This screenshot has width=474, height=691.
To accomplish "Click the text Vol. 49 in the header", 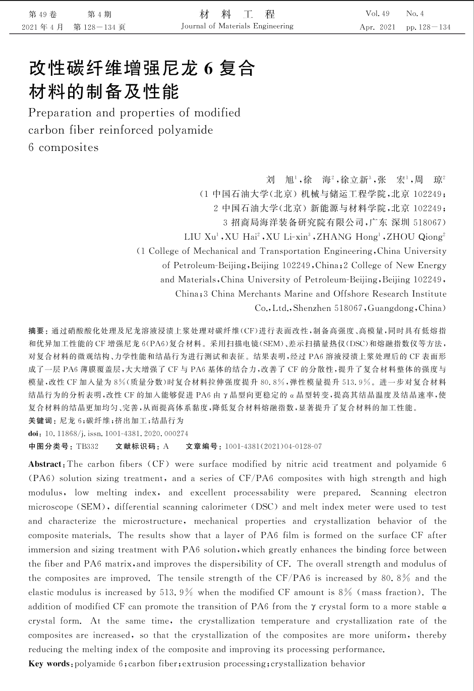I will coord(377,14).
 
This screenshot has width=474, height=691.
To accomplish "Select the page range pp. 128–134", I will coord(428,27).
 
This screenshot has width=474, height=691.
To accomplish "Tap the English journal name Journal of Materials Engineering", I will coord(237,26).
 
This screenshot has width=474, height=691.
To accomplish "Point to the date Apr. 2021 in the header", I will coord(377,27).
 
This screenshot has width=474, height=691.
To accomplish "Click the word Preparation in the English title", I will coord(60,113).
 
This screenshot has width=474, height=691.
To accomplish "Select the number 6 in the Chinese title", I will coord(208,68).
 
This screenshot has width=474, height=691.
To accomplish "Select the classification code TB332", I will coord(87,446).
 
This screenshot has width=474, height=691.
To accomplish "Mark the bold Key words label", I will coord(49,664).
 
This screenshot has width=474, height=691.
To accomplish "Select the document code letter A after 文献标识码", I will coord(166,446).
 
